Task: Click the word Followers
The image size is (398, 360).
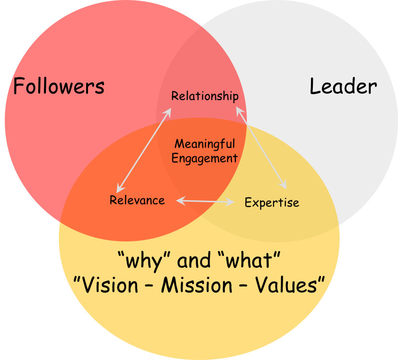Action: (x=58, y=87)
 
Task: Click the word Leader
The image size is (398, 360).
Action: (x=343, y=87)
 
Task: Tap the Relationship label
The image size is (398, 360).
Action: (x=205, y=96)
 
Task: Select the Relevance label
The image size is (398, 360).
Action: (x=137, y=200)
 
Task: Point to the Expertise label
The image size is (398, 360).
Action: (x=272, y=203)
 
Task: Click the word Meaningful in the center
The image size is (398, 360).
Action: (x=205, y=144)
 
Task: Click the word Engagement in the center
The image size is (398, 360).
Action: (x=205, y=158)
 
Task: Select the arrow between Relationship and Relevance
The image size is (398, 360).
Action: (x=144, y=150)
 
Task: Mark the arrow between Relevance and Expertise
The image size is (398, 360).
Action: (x=205, y=201)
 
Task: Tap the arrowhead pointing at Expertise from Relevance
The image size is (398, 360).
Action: (x=232, y=202)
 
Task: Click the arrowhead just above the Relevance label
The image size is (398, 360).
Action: (x=119, y=190)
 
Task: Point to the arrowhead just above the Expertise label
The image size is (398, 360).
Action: (x=284, y=186)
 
